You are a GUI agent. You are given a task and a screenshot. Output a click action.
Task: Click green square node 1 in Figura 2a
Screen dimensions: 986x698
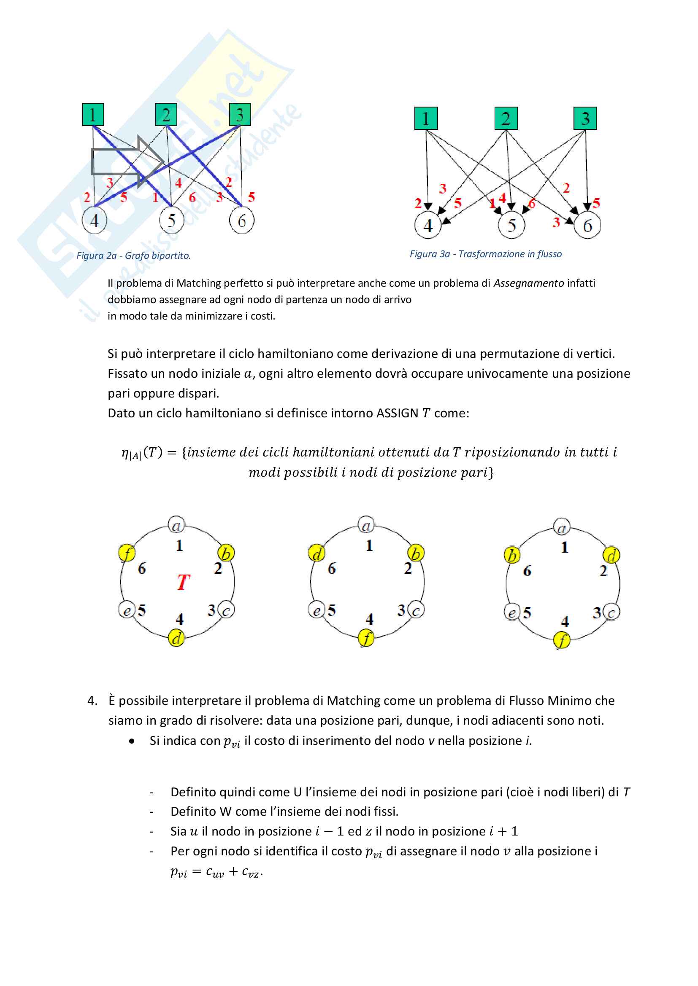pyautogui.click(x=93, y=115)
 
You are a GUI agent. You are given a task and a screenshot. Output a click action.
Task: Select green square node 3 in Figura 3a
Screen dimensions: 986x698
pyautogui.click(x=585, y=118)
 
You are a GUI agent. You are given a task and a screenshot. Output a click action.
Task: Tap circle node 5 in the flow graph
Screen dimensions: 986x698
pyautogui.click(x=511, y=225)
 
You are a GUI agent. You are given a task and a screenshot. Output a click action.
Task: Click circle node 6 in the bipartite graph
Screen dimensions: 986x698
pyautogui.click(x=241, y=221)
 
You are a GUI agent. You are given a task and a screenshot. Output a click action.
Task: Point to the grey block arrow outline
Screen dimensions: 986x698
pyautogui.click(x=127, y=162)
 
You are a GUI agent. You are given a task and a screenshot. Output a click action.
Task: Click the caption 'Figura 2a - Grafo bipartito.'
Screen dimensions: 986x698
pyautogui.click(x=133, y=255)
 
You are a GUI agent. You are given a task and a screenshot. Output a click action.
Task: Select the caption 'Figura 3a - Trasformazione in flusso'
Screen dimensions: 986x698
pyautogui.click(x=485, y=254)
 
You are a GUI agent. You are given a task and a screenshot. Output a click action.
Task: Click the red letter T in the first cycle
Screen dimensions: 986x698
pyautogui.click(x=183, y=582)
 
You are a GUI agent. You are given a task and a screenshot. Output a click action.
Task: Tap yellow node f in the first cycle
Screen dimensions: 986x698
pyautogui.click(x=127, y=553)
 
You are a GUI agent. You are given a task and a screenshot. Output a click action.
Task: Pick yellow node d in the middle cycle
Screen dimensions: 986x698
pyautogui.click(x=317, y=553)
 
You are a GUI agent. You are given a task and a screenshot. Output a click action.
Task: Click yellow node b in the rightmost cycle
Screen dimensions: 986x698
pyautogui.click(x=512, y=555)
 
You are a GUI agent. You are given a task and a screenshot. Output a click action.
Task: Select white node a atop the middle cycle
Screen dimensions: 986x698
pyautogui.click(x=366, y=525)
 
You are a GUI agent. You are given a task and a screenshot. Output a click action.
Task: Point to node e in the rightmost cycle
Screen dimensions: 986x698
pyautogui.click(x=511, y=612)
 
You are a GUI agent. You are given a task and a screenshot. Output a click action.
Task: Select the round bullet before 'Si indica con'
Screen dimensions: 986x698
pyautogui.click(x=132, y=741)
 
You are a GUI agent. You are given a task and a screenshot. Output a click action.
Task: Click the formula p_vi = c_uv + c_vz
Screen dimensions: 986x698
pyautogui.click(x=216, y=872)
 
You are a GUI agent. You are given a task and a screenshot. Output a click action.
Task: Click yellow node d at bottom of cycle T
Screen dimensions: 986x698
pyautogui.click(x=176, y=638)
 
